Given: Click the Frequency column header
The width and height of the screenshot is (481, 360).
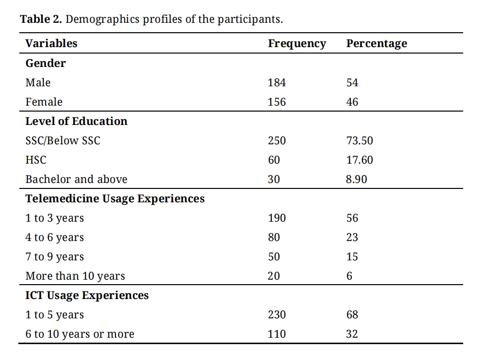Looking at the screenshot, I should point(297,44).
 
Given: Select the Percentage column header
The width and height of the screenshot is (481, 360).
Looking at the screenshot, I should point(376,44).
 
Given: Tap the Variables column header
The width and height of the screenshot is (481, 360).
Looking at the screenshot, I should point(52,44).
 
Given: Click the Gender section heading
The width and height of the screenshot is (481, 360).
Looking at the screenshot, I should point(46,63).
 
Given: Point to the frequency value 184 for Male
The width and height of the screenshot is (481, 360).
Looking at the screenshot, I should point(277,82).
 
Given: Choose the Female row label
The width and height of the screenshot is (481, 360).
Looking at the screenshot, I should point(44,102).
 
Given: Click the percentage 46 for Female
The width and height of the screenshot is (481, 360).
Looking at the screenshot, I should point(352,102).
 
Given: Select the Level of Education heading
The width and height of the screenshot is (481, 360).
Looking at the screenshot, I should point(76,121).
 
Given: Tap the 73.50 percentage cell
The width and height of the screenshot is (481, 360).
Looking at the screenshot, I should point(360,140).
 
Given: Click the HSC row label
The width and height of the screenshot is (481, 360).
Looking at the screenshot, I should point(36,160).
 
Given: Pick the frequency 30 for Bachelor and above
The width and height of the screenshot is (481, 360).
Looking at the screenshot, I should point(274,179).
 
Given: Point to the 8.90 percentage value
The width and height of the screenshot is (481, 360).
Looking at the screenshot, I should point(357,179).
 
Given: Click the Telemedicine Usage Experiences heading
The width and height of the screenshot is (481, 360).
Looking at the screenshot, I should point(115,198).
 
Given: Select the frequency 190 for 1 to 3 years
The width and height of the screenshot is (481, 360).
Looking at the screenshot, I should point(277,218).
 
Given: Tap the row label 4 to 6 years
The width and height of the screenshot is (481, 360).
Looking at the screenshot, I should point(54,237).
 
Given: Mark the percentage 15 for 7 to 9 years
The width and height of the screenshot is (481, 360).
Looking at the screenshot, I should point(352,256).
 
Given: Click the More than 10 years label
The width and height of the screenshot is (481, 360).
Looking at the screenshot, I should point(75,276).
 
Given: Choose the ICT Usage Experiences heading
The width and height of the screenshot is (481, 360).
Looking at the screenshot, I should point(87,295).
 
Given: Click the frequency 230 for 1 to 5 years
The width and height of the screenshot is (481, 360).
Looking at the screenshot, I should point(277,314).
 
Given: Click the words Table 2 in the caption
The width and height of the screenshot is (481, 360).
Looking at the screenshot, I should point(41,20).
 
